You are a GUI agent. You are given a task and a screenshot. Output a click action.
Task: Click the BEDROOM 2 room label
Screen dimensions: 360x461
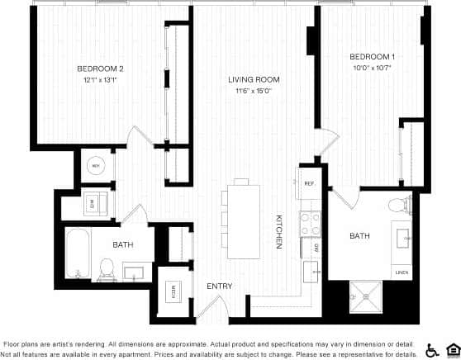point(100,69)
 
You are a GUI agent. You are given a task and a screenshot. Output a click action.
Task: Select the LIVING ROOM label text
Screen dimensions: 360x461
point(254,80)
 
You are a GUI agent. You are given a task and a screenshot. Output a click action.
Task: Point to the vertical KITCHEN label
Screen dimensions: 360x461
point(279,232)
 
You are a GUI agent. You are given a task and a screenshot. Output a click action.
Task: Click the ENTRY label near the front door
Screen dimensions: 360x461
point(219,287)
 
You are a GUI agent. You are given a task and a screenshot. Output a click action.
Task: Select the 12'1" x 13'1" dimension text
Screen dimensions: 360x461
point(100,80)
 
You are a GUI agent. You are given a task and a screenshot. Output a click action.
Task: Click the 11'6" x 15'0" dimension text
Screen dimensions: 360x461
point(254,92)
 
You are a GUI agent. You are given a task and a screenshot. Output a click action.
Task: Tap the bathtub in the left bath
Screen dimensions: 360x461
point(78,253)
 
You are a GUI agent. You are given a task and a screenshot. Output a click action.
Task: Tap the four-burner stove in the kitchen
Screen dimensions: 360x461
point(309,222)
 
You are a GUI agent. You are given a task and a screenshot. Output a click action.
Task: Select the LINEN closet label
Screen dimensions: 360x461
point(402,271)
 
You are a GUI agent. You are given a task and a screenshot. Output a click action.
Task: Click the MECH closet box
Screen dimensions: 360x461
point(174,291)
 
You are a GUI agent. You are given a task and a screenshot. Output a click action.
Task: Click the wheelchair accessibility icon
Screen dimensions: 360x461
point(432,348)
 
